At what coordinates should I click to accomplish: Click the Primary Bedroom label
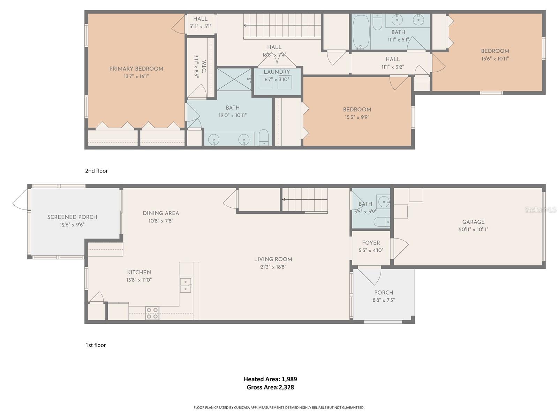pyautogui.click(x=136, y=69)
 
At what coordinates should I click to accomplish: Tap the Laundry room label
pyautogui.click(x=277, y=72)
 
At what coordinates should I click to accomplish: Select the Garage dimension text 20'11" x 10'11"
pyautogui.click(x=473, y=229)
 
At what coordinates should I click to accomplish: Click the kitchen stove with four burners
pyautogui.click(x=152, y=313)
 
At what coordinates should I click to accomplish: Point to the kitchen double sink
pyautogui.click(x=185, y=285)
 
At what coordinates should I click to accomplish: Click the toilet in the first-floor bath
pyautogui.click(x=381, y=221)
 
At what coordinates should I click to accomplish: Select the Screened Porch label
pyautogui.click(x=72, y=217)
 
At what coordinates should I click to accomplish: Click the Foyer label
pyautogui.click(x=371, y=243)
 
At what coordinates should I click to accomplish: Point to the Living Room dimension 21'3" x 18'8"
pyautogui.click(x=273, y=267)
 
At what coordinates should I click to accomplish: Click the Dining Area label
pyautogui.click(x=161, y=213)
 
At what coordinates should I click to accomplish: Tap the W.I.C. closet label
pyautogui.click(x=204, y=66)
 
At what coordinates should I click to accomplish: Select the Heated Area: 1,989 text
pyautogui.click(x=270, y=379)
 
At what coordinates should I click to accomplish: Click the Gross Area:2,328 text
pyautogui.click(x=270, y=387)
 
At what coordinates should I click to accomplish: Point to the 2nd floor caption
pyautogui.click(x=97, y=171)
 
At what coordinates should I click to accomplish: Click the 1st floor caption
pyautogui.click(x=96, y=345)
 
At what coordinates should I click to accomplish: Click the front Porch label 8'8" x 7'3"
pyautogui.click(x=384, y=296)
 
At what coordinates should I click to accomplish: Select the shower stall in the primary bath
pyautogui.click(x=234, y=79)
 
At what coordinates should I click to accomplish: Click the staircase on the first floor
pyautogui.click(x=305, y=200)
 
